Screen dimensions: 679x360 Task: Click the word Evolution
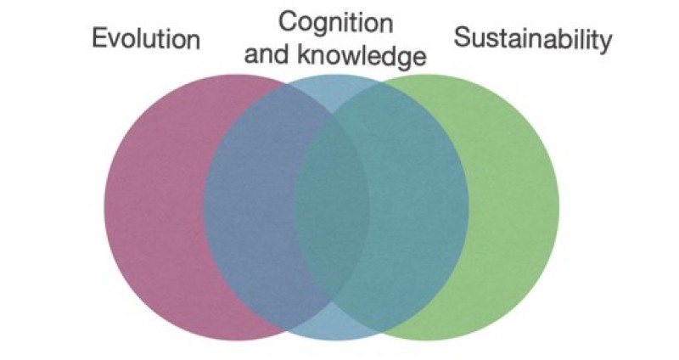pos(146,38)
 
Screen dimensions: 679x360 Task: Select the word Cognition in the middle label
pos(335,24)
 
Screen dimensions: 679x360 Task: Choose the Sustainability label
pos(533,38)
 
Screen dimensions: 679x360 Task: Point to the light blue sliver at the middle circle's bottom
pos(333,322)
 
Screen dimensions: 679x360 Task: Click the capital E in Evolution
pos(99,38)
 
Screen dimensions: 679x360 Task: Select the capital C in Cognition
pos(288,22)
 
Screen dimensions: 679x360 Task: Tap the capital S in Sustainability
pos(463,37)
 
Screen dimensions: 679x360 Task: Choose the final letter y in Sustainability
pos(606,42)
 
